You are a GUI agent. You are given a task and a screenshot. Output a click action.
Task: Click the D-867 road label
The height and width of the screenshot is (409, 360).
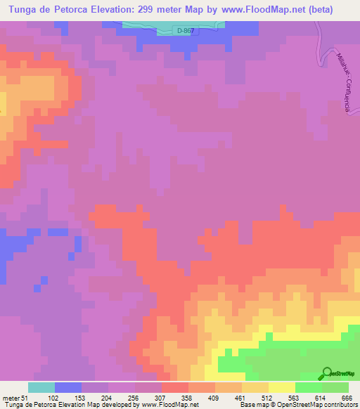186,31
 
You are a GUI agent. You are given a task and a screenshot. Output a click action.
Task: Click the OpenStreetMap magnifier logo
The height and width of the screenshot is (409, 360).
328,374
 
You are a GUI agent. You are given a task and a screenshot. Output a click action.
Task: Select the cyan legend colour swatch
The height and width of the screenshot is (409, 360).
41,387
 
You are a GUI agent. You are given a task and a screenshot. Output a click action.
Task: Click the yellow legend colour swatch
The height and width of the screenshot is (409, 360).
282,387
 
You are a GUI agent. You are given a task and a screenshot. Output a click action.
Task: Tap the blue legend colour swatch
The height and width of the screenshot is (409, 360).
68,387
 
